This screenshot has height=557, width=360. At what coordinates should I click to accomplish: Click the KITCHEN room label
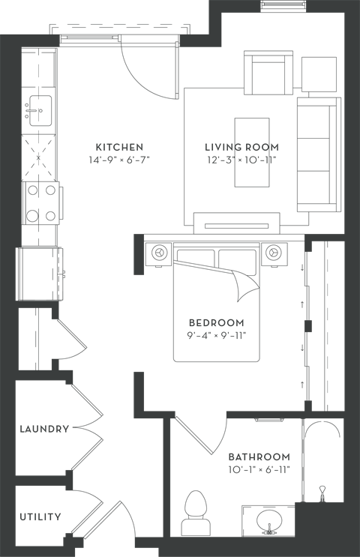click(x=120, y=147)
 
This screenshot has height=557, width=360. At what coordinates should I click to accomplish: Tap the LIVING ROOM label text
click(x=242, y=147)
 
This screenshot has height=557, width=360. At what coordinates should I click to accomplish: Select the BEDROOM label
click(x=217, y=323)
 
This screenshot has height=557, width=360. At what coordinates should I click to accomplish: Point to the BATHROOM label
click(x=259, y=457)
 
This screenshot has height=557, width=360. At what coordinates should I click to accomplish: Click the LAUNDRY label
click(x=44, y=429)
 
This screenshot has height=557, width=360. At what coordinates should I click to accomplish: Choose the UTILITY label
click(x=40, y=517)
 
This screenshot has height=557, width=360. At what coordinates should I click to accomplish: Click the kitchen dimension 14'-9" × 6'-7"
click(x=119, y=160)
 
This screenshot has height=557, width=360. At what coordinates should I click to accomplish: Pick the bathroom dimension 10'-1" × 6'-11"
click(x=259, y=469)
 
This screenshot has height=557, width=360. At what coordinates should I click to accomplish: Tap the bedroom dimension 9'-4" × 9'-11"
click(x=217, y=335)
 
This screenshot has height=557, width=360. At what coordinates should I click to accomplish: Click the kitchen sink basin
click(x=40, y=110)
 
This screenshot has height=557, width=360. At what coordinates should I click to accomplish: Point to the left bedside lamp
click(x=159, y=252)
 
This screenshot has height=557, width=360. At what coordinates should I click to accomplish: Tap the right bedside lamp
click(x=273, y=252)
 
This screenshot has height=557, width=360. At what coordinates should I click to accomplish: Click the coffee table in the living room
click(x=251, y=152)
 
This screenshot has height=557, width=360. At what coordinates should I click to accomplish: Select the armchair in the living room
click(x=268, y=73)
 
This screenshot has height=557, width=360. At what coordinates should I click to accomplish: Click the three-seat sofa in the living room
click(x=319, y=154)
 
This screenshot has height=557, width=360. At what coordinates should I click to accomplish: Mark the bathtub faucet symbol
click(x=322, y=493)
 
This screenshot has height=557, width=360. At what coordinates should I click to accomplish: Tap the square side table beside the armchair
click(x=319, y=74)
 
